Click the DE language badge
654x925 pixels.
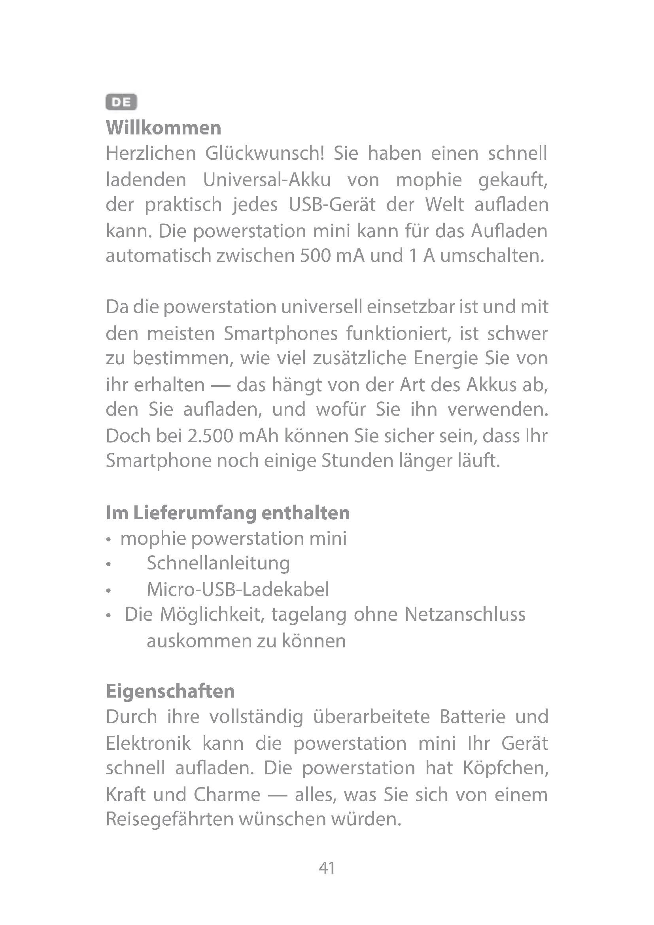click(x=121, y=102)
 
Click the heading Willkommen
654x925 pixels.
click(x=164, y=128)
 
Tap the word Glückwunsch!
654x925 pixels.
click(x=265, y=153)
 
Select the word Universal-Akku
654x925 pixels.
click(x=267, y=180)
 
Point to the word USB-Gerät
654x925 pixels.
click(x=332, y=205)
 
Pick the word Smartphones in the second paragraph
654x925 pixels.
click(x=281, y=334)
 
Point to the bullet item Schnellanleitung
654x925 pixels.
click(x=218, y=563)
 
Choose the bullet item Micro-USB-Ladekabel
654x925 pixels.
click(x=238, y=589)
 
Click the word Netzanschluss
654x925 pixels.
click(x=465, y=615)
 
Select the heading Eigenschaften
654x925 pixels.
click(x=170, y=691)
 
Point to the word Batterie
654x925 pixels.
click(x=473, y=717)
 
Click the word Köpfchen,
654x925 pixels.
click(x=505, y=768)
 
